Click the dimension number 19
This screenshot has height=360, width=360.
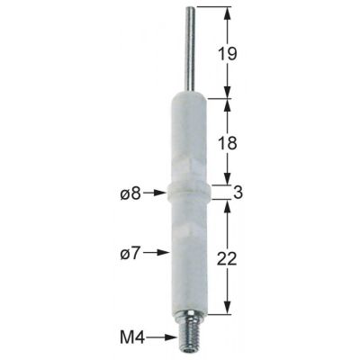click(228, 53)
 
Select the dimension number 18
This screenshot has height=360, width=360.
click(228, 141)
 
